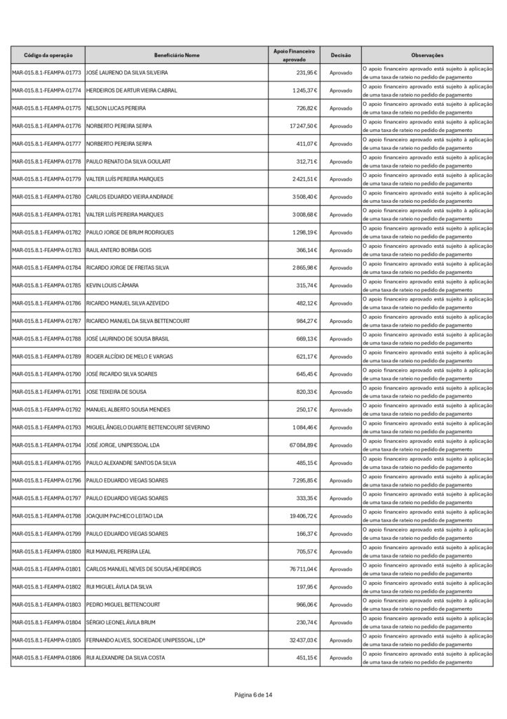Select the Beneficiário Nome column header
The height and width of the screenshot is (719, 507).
tap(177, 55)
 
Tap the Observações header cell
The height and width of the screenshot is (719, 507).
tap(427, 55)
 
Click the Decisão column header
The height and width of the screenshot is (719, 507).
tap(341, 55)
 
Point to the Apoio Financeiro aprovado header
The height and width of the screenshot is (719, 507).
tap(294, 55)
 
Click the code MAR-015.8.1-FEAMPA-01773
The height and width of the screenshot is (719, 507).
tap(46, 73)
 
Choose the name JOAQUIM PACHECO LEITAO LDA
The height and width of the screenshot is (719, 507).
tap(124, 515)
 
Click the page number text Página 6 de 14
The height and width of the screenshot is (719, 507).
tap(253, 694)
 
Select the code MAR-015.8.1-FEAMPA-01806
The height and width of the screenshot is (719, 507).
tap(46, 657)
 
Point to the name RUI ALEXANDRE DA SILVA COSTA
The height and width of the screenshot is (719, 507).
tap(126, 657)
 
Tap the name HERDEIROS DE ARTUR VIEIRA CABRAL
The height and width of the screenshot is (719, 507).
tap(131, 91)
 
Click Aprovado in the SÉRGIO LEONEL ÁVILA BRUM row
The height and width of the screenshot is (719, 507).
tap(341, 622)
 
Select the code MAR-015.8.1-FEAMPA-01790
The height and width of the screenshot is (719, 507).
tap(46, 374)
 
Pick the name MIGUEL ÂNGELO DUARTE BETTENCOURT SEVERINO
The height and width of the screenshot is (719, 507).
tap(147, 427)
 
